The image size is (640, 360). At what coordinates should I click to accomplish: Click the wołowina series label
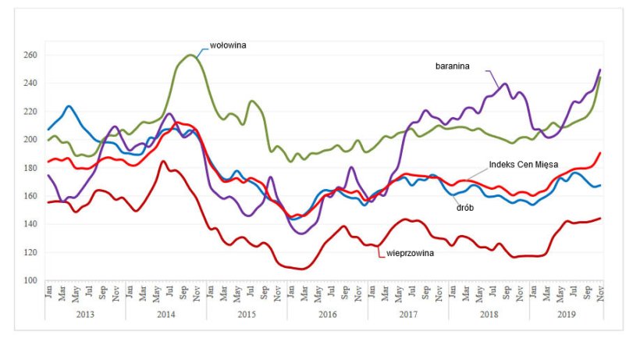[228, 45]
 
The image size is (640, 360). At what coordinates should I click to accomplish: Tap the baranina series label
[452, 66]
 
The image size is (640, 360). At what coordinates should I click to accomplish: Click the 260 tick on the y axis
[30, 55]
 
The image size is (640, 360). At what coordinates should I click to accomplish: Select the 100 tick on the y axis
[30, 280]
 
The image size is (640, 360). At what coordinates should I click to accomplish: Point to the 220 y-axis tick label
[30, 112]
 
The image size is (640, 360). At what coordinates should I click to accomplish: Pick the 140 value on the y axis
[30, 224]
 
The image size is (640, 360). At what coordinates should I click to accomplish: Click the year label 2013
[85, 313]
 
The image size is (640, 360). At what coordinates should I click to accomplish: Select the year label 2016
[327, 313]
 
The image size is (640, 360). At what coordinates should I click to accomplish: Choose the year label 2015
[247, 313]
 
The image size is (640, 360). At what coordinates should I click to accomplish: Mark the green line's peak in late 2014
[191, 55]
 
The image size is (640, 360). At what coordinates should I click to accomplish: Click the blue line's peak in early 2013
[69, 106]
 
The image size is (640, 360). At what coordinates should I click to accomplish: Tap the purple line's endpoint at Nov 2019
[599, 70]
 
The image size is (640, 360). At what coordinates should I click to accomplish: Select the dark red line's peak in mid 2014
[163, 162]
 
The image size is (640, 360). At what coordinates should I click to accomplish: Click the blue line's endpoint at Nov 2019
[599, 185]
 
